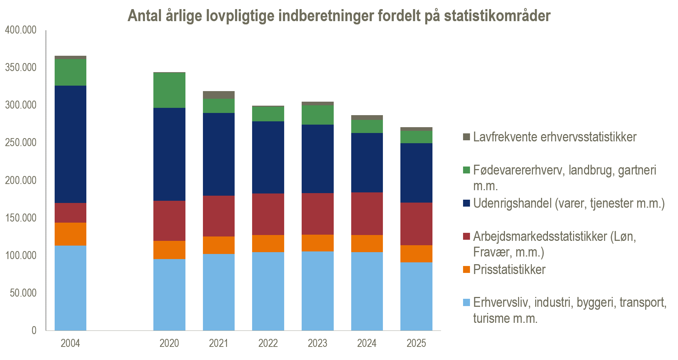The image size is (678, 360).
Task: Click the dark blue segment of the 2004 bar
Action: click(x=70, y=144)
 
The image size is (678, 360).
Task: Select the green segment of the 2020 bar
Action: click(x=169, y=90)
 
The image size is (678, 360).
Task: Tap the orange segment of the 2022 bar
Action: click(x=268, y=243)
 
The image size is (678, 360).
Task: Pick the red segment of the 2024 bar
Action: click(x=367, y=214)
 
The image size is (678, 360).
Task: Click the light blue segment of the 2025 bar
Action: click(x=416, y=296)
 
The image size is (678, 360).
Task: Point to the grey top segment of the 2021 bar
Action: click(x=219, y=95)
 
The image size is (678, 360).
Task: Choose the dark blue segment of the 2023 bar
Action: click(x=317, y=159)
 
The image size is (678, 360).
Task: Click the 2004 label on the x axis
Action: click(x=70, y=343)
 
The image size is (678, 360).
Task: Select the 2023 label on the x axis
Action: click(x=317, y=343)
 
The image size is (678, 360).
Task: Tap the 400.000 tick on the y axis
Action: click(x=21, y=30)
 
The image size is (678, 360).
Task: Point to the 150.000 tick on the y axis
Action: click(x=21, y=218)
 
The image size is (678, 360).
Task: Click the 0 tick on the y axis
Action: click(x=34, y=330)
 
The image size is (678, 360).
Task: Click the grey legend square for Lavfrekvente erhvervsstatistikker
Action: click(x=466, y=137)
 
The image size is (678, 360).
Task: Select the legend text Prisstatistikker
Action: click(x=509, y=270)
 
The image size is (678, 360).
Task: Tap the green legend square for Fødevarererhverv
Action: click(x=466, y=170)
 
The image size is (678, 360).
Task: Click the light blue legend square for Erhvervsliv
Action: click(x=466, y=302)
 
